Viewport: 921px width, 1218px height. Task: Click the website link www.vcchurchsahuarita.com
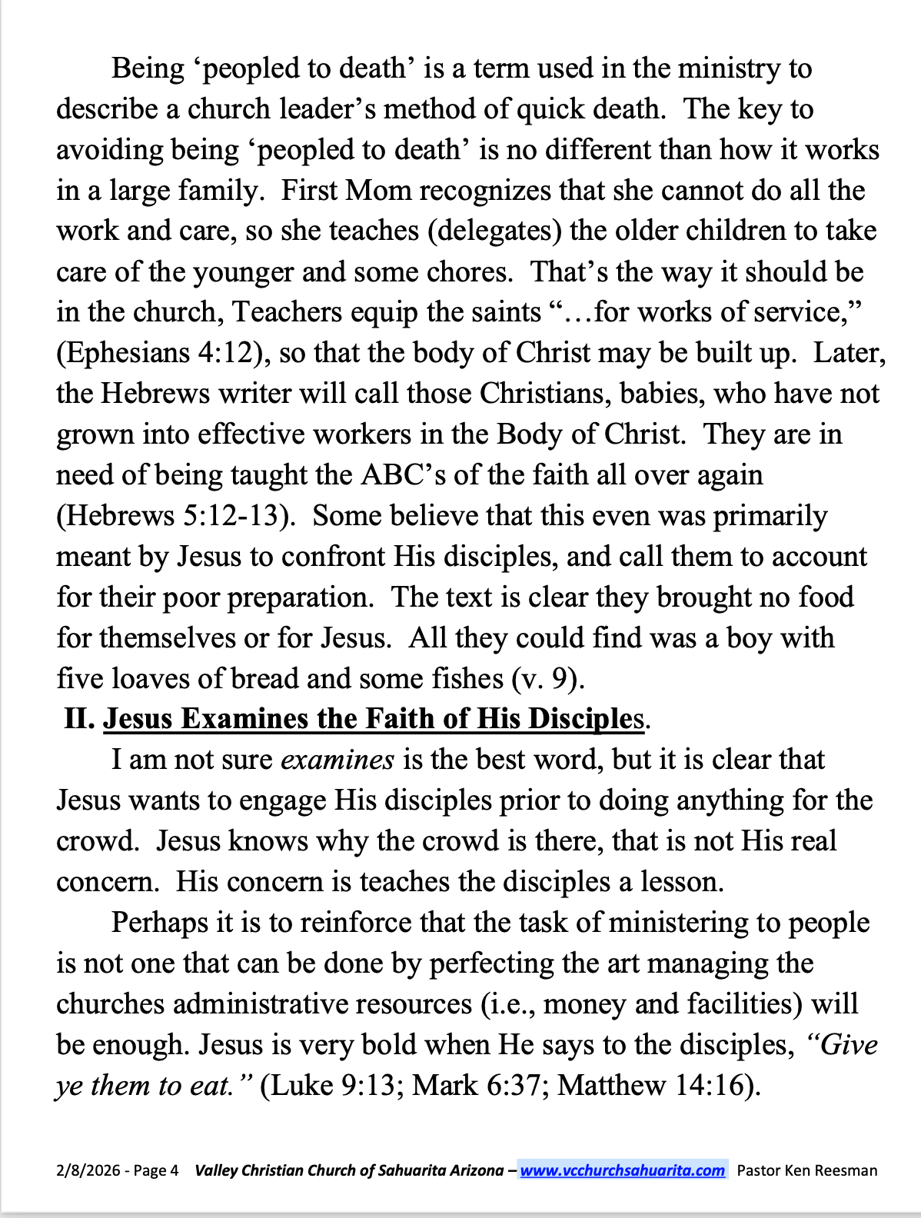[x=622, y=1170]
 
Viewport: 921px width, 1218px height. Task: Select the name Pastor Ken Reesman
[x=806, y=1170]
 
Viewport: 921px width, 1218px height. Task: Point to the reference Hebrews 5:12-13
[x=176, y=515]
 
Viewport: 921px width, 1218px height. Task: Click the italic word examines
[x=337, y=760]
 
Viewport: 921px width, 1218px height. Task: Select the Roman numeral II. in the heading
[x=80, y=719]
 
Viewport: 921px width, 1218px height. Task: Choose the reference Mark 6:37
[x=480, y=1085]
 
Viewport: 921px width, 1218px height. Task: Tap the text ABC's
[x=403, y=474]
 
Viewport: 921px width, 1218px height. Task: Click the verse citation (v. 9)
[x=548, y=678]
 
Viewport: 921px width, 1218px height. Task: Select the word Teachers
[x=287, y=312]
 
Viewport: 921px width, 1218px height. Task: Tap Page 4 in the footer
[x=156, y=1170]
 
